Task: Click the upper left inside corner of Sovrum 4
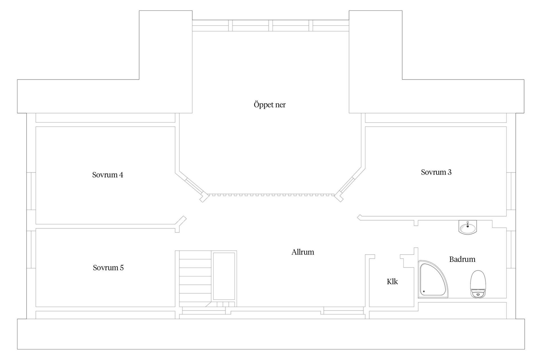point(36,127)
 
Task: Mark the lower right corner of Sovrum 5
point(175,307)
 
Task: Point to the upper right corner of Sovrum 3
point(507,127)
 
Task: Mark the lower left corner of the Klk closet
point(369,307)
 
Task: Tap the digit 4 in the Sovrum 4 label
point(121,175)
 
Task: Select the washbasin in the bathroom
point(468,227)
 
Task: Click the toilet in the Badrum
point(478,284)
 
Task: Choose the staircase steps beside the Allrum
point(195,278)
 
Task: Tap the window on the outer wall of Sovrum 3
point(511,191)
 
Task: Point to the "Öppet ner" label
point(270,105)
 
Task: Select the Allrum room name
point(303,252)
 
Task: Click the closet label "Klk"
point(392,282)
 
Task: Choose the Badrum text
point(462,259)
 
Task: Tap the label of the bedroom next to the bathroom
point(436,172)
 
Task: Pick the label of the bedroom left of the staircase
point(108,267)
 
